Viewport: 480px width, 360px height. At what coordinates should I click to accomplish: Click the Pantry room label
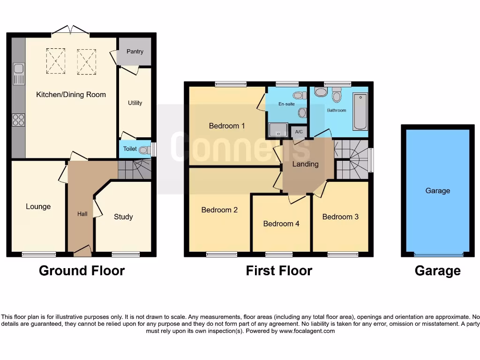pos(135,52)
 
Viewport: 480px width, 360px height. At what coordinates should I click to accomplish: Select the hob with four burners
pos(19,120)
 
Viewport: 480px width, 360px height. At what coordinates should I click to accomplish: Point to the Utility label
pos(135,103)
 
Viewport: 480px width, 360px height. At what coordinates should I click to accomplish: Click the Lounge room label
pos(38,207)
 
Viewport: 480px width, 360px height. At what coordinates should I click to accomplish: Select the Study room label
pos(123,217)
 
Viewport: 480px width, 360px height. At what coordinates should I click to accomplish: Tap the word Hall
pos(82,214)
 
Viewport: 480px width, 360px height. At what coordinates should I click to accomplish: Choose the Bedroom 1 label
pos(227,126)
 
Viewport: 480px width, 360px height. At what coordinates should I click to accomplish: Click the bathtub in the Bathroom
pos(360,112)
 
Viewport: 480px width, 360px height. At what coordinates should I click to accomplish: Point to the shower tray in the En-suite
pos(277,130)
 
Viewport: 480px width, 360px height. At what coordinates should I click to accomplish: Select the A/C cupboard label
pos(299,133)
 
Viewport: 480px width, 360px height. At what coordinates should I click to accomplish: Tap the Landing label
pos(305,164)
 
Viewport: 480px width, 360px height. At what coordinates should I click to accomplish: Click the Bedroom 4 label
pos(281,224)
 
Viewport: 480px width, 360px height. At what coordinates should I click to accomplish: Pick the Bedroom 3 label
pos(340,217)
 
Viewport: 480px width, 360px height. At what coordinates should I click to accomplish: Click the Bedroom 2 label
pos(219,210)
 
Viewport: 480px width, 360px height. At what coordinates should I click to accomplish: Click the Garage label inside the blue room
pos(437,191)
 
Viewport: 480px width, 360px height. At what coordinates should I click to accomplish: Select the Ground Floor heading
pos(82,270)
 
